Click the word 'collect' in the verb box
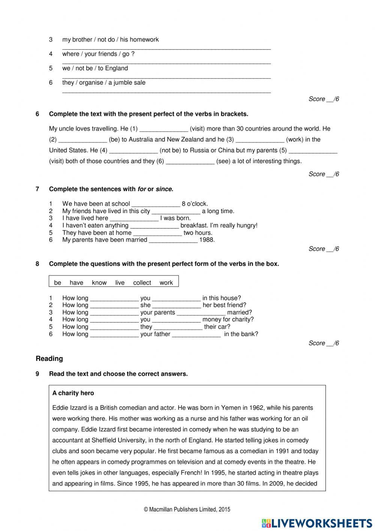click(x=142, y=283)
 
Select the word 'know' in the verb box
click(x=99, y=283)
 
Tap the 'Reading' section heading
click(x=49, y=359)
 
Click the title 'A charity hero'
click(x=73, y=393)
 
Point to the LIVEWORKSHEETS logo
click(x=317, y=523)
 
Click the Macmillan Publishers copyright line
click(x=187, y=510)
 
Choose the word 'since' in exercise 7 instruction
click(x=164, y=189)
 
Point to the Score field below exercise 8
click(x=324, y=343)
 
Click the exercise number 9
click(x=37, y=374)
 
